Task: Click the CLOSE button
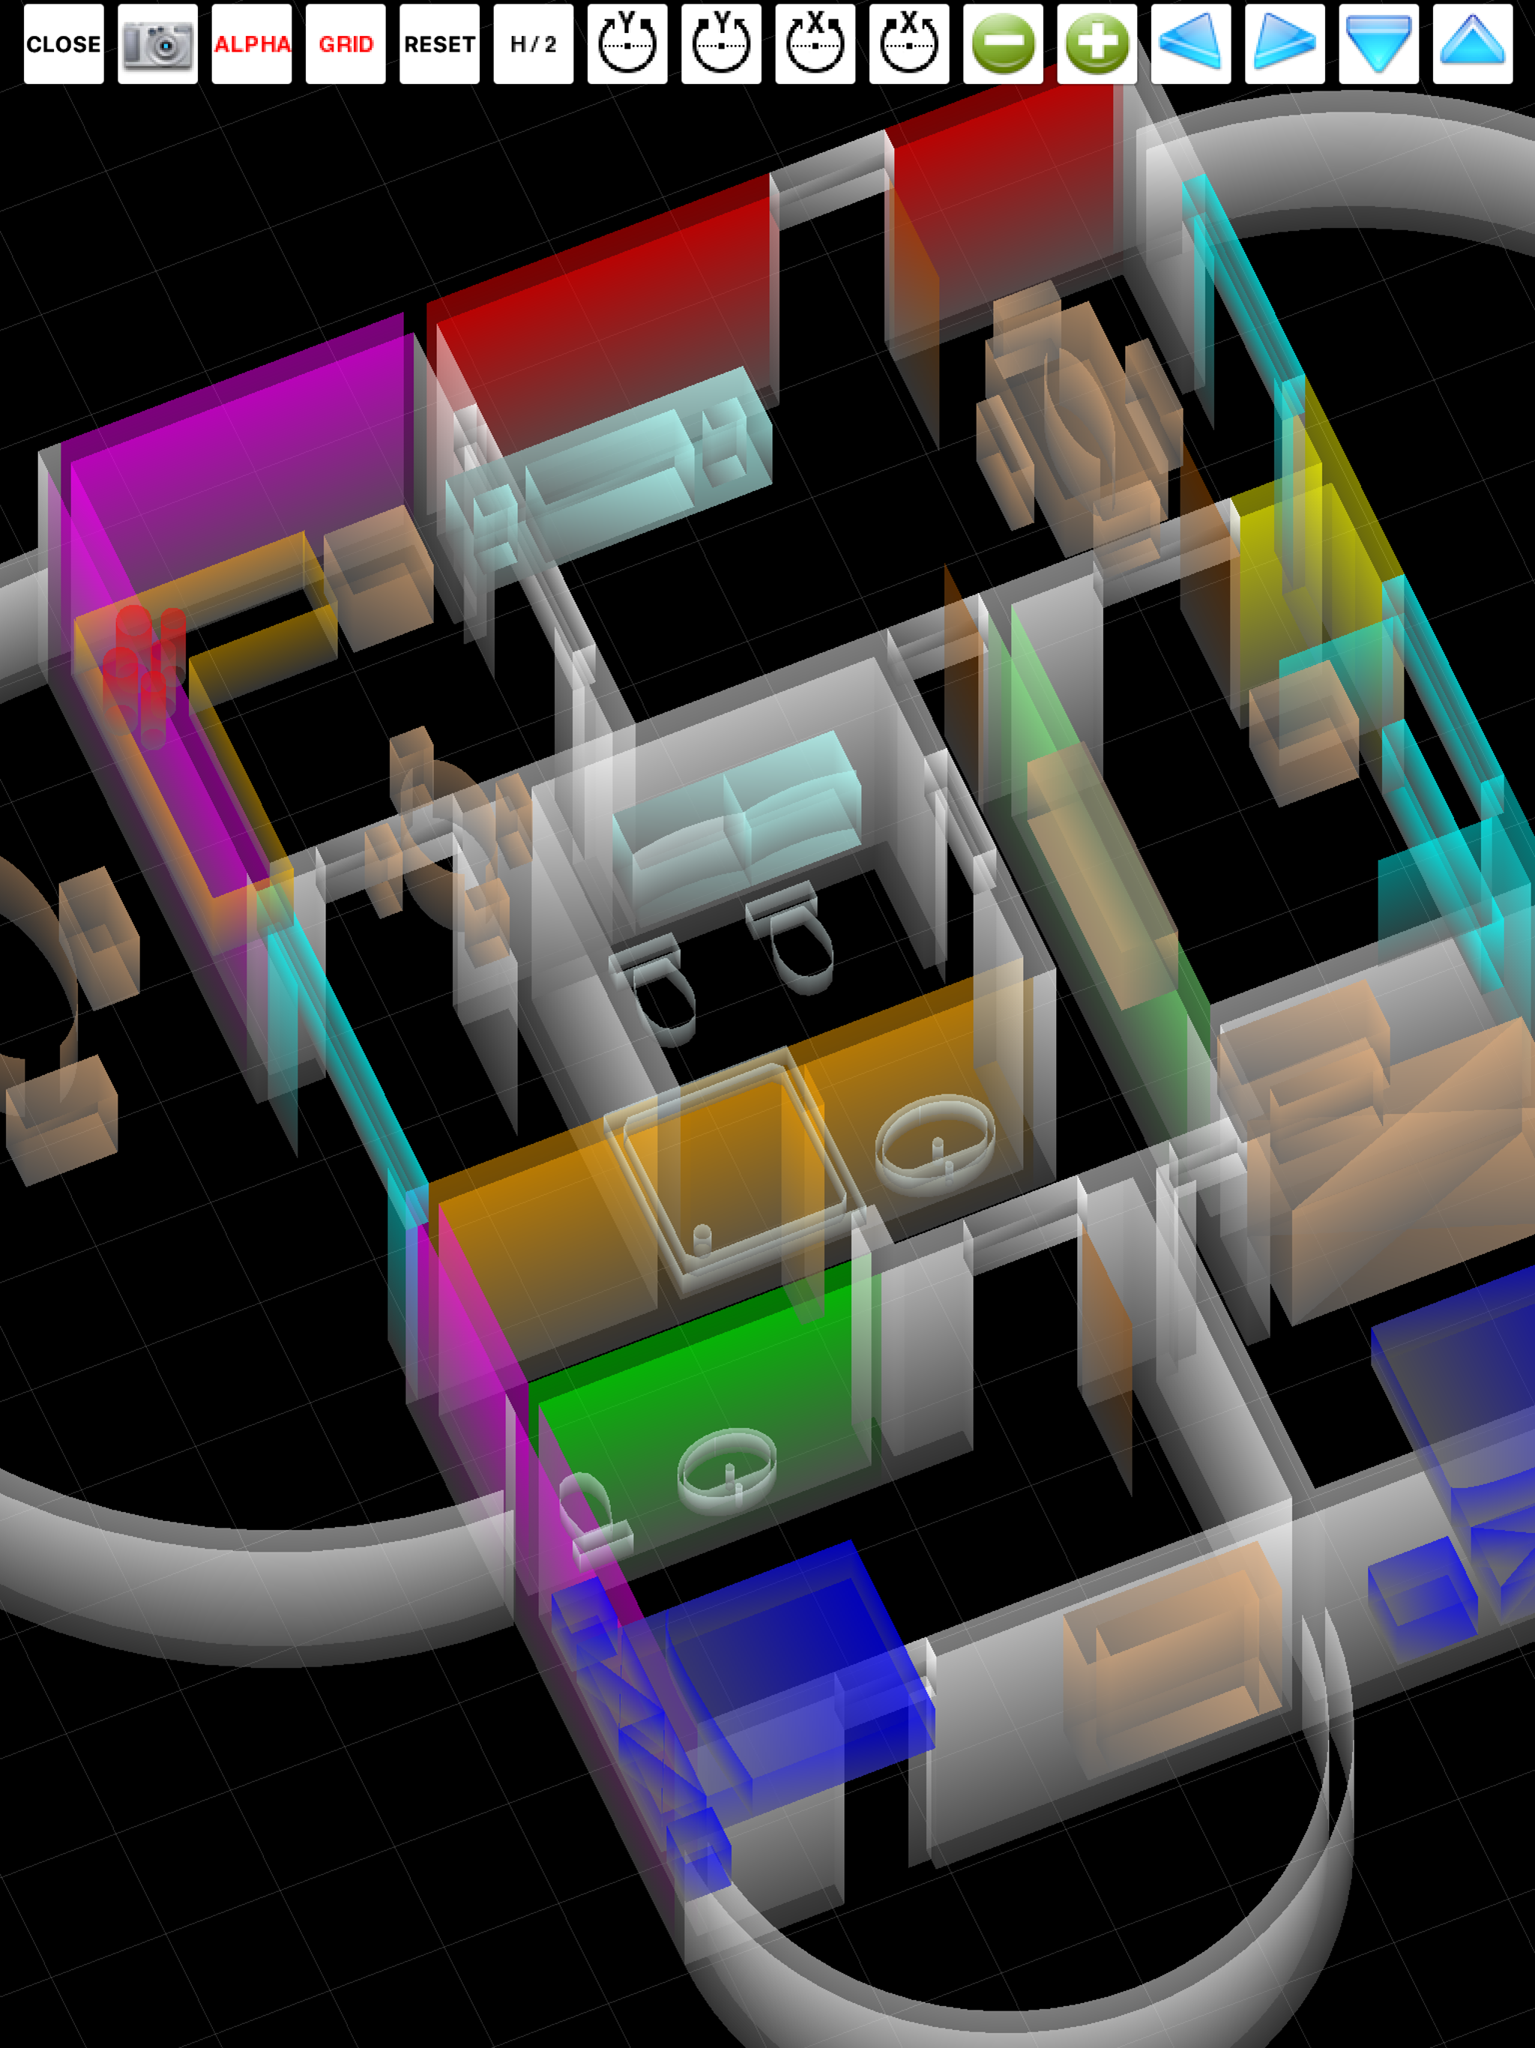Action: pos(64,43)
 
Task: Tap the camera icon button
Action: pos(157,43)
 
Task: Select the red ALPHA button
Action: pos(252,43)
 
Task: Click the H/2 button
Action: pos(533,43)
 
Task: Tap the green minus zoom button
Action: pos(1004,43)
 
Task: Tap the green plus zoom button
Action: pos(1097,43)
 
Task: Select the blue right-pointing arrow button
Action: pos(1285,43)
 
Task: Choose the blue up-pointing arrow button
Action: pos(1473,43)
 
